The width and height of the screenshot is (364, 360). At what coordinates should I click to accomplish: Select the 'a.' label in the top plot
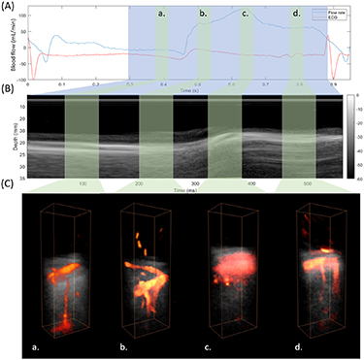(x=161, y=15)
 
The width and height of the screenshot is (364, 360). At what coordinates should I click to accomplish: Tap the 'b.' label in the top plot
(x=203, y=15)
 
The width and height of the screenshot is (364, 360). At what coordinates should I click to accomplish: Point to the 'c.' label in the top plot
(x=246, y=15)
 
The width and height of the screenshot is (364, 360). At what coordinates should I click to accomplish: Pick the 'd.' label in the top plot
(x=296, y=15)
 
